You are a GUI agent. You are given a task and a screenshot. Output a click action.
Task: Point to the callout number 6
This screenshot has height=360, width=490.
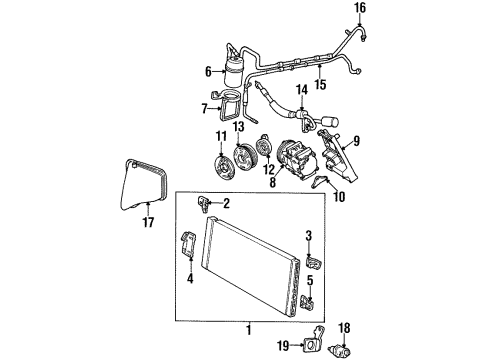coord(207,71)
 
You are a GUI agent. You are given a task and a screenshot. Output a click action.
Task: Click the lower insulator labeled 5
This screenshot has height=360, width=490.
coord(310,299)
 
